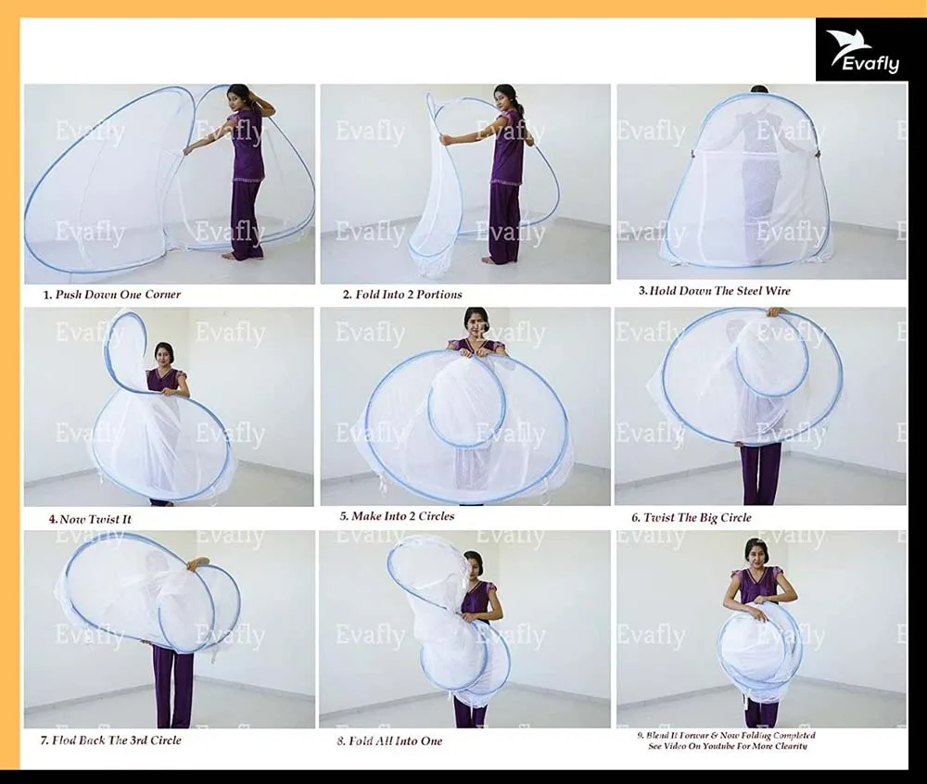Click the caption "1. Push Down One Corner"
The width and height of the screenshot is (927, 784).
112,295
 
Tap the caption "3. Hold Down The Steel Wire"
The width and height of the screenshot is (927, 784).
714,291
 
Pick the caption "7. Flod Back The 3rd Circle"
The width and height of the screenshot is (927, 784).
110,740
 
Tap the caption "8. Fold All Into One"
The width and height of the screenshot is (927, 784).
389,741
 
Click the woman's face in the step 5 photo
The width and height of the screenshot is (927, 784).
476,326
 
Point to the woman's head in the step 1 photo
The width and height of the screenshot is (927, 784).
240,95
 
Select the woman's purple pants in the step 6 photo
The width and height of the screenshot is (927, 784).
760,473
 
